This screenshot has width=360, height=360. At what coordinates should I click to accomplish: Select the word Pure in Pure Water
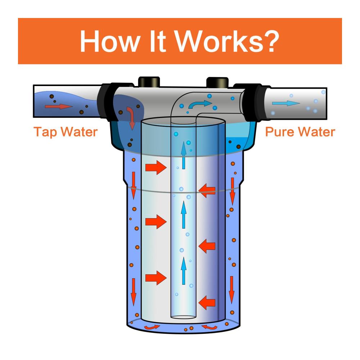(279, 132)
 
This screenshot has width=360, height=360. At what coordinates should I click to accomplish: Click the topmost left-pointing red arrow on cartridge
(207, 191)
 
